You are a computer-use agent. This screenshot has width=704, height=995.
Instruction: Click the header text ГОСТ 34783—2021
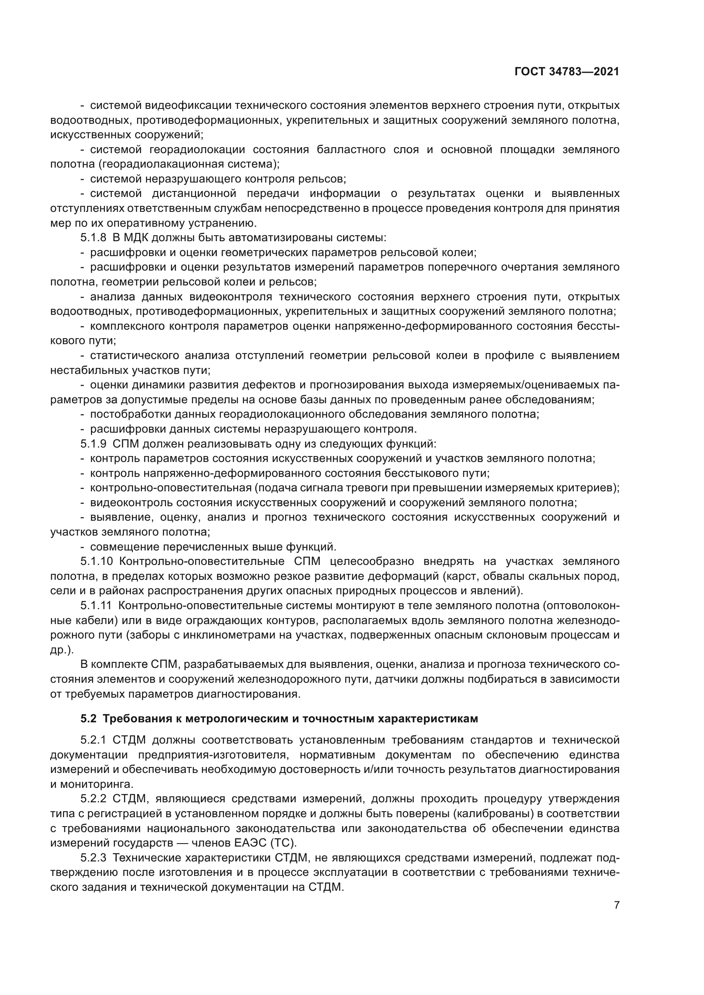tap(567, 71)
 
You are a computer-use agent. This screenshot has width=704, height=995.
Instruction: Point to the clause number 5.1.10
tap(96, 561)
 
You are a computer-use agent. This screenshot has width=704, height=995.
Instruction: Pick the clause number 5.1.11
tap(96, 605)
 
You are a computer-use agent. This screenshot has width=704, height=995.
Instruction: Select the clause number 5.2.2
tap(93, 799)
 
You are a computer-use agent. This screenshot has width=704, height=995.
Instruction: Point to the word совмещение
tap(123, 547)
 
